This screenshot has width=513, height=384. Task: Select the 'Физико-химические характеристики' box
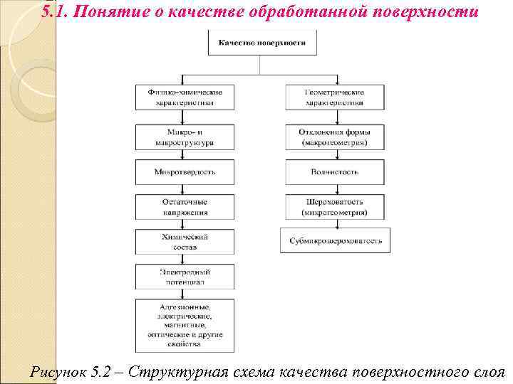(x=185, y=97)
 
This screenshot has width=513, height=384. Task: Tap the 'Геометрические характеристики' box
(x=335, y=97)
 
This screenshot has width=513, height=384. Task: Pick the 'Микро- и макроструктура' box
(x=185, y=137)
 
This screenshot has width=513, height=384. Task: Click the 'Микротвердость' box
(x=185, y=172)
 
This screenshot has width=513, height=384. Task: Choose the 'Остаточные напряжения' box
(x=185, y=207)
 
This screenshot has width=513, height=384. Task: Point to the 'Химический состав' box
(x=185, y=242)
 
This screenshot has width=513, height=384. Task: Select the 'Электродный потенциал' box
(x=185, y=277)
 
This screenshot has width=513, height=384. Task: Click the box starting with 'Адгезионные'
(x=185, y=324)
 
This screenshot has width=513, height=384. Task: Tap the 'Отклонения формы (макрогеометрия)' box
(x=335, y=137)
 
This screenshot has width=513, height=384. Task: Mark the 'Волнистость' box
(x=335, y=172)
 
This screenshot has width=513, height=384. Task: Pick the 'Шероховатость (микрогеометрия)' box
(x=335, y=207)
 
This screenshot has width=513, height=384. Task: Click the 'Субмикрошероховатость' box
(x=335, y=241)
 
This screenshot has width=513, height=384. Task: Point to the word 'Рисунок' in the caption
(x=60, y=371)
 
